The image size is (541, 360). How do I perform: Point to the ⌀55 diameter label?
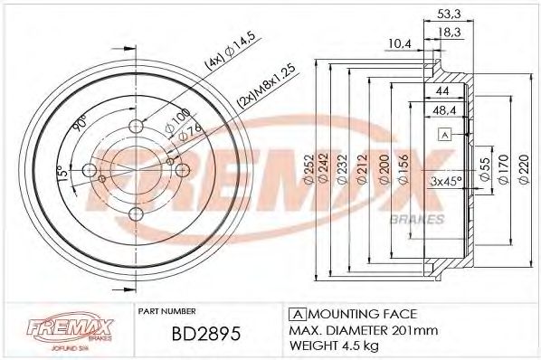click(x=484, y=166)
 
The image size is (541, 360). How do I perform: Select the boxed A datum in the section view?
click(x=444, y=136)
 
